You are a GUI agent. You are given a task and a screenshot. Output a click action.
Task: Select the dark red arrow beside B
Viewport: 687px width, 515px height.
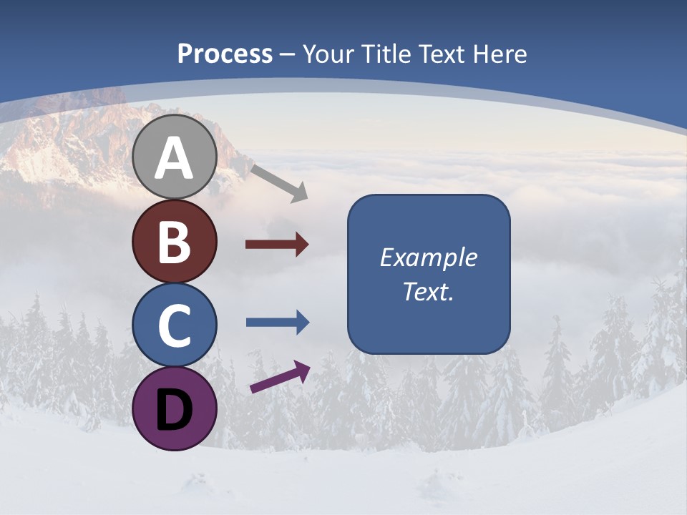tap(276, 245)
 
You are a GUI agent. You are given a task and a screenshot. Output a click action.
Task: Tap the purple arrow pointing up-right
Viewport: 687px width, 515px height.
tap(280, 377)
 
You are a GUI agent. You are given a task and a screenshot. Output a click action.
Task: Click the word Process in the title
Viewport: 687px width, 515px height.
tap(225, 54)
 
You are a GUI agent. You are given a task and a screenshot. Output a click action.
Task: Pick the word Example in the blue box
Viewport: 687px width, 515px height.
tap(428, 257)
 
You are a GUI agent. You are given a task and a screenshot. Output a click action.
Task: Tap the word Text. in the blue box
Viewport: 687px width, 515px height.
tap(428, 292)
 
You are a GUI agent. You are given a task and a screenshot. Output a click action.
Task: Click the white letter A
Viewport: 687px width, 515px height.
tap(174, 158)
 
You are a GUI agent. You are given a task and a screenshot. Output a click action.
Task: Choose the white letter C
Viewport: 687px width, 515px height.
tap(174, 325)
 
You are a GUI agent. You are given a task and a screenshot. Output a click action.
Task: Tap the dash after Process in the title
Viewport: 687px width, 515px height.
tap(288, 55)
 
